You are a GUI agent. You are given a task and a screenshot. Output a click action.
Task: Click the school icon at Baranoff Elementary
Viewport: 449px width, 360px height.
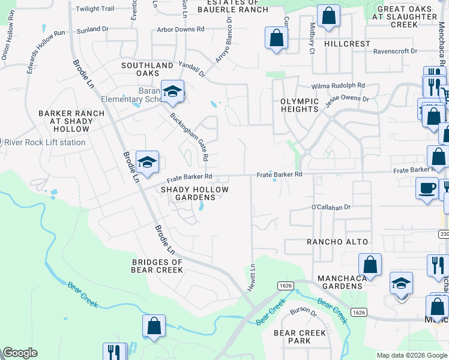[x=172, y=92]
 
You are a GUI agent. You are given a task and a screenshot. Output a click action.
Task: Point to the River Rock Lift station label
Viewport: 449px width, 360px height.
[x=44, y=142]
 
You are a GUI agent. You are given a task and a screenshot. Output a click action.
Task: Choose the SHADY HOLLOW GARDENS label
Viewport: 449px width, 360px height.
[x=195, y=193]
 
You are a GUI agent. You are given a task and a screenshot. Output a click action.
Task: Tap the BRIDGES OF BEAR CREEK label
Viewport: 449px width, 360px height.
[x=157, y=266]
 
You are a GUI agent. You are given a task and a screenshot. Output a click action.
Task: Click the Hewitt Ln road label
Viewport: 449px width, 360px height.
[x=253, y=275]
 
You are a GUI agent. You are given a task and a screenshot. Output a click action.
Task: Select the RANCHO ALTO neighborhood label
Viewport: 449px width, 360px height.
[x=333, y=242]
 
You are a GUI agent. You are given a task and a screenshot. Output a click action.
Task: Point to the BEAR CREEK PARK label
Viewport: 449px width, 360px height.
[x=300, y=337]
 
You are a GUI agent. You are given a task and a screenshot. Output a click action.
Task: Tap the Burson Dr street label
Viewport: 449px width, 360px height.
[x=304, y=311]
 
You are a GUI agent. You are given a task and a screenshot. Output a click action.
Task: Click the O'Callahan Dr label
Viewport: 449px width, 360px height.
[x=330, y=208]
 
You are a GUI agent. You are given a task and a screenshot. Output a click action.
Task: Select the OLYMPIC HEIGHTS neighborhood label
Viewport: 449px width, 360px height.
[x=300, y=105]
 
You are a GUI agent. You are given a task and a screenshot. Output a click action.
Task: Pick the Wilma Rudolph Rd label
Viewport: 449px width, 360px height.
[x=338, y=86]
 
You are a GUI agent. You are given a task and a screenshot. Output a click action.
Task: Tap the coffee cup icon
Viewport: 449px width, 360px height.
[x=426, y=187]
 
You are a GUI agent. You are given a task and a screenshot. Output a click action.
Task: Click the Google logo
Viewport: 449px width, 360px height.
[x=20, y=353]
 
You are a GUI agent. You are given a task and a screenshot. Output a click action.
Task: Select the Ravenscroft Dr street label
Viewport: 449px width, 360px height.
[x=394, y=51]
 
